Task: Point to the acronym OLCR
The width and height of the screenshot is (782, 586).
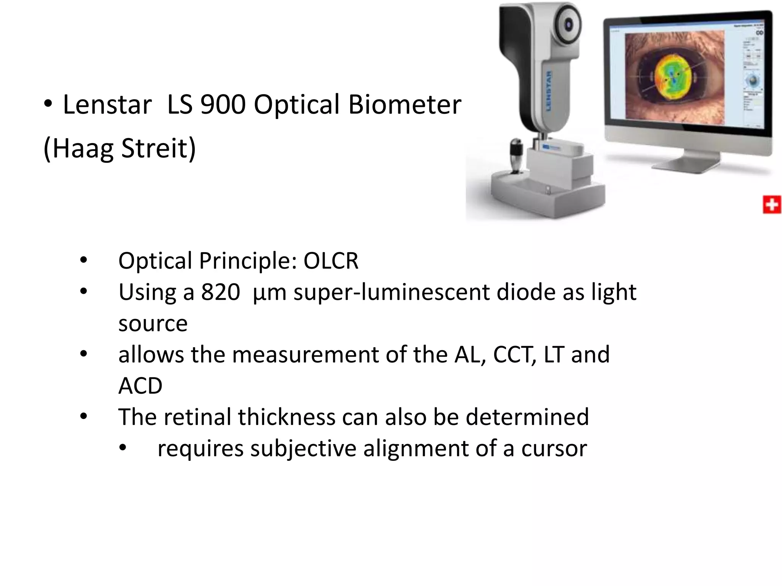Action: (331, 261)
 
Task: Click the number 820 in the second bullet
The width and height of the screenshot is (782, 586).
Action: (220, 292)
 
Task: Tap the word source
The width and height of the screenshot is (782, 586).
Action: (153, 324)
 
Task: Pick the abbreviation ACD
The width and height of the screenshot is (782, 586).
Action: (140, 386)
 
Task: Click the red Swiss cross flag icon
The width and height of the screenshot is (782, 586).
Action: (771, 205)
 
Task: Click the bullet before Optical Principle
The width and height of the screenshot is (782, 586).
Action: (83, 261)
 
